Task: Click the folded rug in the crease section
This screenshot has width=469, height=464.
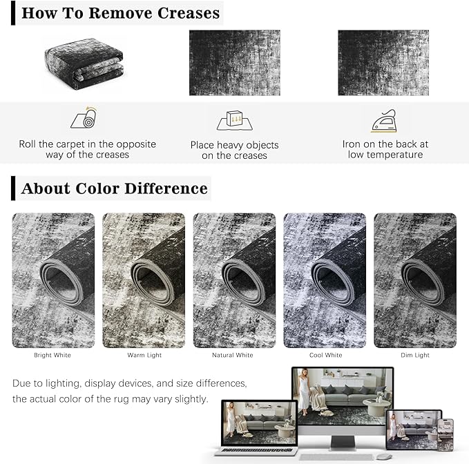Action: tap(84, 64)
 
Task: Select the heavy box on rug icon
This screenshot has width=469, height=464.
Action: tap(235, 120)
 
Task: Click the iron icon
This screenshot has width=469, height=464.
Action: tap(384, 120)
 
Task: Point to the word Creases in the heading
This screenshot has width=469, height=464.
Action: tap(189, 13)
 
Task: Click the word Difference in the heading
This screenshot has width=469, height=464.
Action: tap(166, 188)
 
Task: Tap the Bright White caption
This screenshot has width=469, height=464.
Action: tap(52, 355)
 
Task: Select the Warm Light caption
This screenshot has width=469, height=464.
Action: tap(144, 355)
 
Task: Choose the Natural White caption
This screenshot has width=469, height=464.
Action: tap(233, 355)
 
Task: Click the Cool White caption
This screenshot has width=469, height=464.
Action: tap(326, 355)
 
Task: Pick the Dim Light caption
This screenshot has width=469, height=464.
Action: tap(415, 355)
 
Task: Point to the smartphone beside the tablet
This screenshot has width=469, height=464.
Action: tap(446, 435)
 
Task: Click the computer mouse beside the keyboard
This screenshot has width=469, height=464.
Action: tap(384, 456)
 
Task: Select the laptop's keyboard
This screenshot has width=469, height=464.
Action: tap(256, 450)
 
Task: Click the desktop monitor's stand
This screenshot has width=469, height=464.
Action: tap(343, 443)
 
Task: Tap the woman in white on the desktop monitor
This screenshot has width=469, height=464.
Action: tap(304, 391)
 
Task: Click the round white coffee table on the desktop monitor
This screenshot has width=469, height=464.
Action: tap(376, 407)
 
